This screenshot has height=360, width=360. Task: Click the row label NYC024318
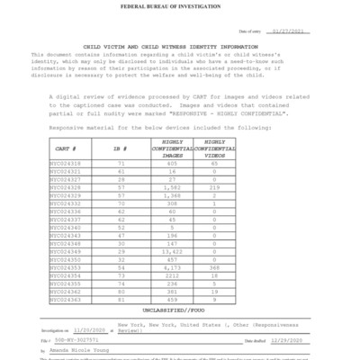click(66, 164)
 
